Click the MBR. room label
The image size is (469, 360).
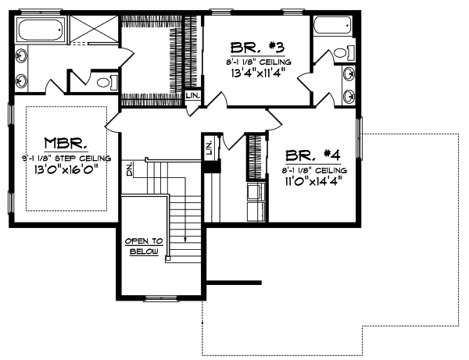click(66, 144)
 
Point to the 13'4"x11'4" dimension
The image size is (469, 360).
click(250, 74)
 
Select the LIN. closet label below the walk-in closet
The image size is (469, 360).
click(193, 96)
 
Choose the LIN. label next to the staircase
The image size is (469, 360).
click(209, 146)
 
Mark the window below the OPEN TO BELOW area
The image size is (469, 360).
click(161, 297)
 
